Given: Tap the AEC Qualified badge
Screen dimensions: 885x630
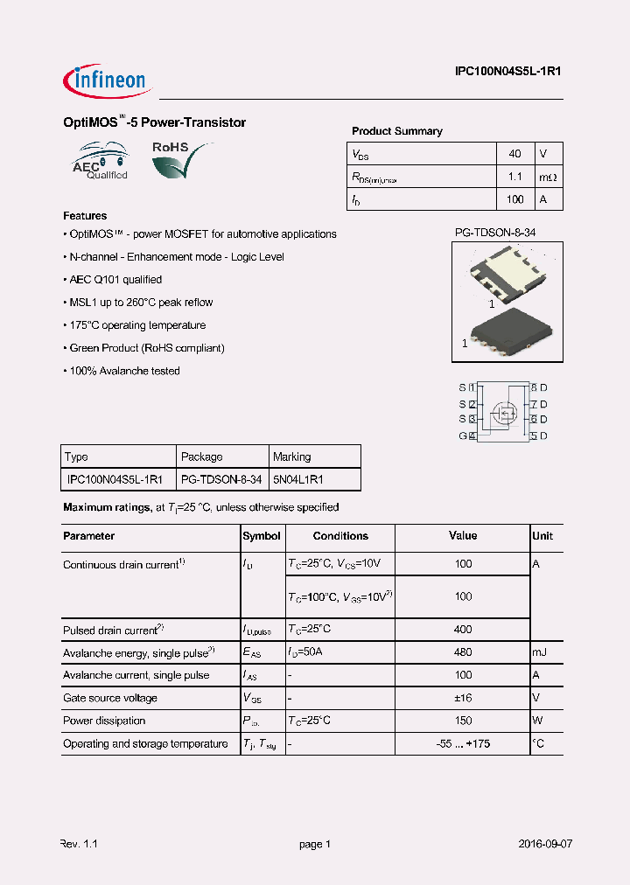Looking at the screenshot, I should pyautogui.click(x=101, y=161).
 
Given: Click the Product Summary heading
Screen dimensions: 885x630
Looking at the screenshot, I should pyautogui.click(x=396, y=131).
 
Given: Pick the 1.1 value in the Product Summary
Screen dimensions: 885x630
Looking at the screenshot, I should pyautogui.click(x=515, y=177).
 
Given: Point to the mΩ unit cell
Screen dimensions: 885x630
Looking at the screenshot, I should pyautogui.click(x=547, y=177).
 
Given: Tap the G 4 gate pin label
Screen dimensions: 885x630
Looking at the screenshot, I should pyautogui.click(x=466, y=436).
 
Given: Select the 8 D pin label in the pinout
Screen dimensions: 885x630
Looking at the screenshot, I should pyautogui.click(x=539, y=387).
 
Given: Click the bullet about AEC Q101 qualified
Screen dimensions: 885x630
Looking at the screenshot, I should pyautogui.click(x=114, y=280).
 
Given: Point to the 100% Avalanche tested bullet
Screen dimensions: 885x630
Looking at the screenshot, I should pyautogui.click(x=122, y=371).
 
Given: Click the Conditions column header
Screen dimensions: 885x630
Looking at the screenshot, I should pyautogui.click(x=340, y=536).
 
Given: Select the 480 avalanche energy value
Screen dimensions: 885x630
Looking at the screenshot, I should pyautogui.click(x=463, y=652).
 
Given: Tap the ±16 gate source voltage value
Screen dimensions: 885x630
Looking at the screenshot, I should pyautogui.click(x=463, y=698).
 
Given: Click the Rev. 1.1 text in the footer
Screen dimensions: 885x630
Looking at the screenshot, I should pyautogui.click(x=79, y=844).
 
